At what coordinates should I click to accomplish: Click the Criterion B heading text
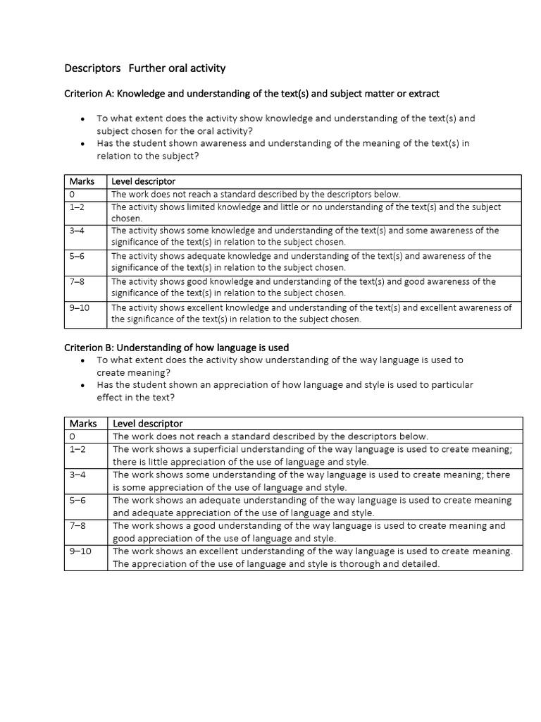tap(176, 348)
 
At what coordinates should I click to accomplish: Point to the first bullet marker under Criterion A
tap(83, 119)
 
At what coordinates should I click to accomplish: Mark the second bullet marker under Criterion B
tap(83, 386)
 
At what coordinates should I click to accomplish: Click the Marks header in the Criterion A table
tap(82, 182)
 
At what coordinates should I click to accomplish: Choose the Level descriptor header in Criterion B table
tap(147, 424)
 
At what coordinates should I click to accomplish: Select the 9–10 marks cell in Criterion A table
tap(80, 307)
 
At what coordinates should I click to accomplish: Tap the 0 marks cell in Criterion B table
tap(73, 436)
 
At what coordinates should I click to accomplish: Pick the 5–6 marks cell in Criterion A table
tap(77, 256)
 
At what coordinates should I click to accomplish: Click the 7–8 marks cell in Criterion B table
tap(77, 526)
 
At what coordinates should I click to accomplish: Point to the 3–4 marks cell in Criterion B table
tap(77, 475)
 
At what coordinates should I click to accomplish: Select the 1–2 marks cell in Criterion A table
tap(77, 207)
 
